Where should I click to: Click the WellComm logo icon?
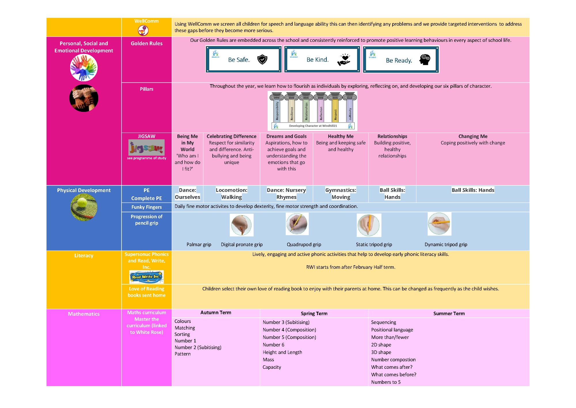(x=143, y=30)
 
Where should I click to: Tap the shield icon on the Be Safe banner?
(x=262, y=59)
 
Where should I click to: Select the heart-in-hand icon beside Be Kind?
(x=344, y=59)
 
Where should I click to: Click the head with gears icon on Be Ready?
(x=425, y=60)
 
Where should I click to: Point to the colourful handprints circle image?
(x=84, y=68)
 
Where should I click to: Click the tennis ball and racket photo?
(x=84, y=207)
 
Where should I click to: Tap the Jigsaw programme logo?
(x=147, y=147)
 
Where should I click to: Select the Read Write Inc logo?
(x=147, y=277)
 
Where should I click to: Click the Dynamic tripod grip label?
(x=446, y=245)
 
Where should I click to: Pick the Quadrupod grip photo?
(x=297, y=224)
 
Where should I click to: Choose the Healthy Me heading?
(x=341, y=136)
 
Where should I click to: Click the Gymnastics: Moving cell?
(x=341, y=193)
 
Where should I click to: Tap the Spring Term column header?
(x=314, y=313)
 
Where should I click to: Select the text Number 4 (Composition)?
(x=289, y=330)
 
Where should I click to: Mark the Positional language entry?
(x=392, y=330)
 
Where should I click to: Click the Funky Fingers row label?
(x=147, y=207)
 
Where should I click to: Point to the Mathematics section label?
(x=84, y=314)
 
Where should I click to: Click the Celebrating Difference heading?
(x=232, y=136)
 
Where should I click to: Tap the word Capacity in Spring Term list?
(x=272, y=367)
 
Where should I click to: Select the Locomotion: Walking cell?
(x=232, y=193)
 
